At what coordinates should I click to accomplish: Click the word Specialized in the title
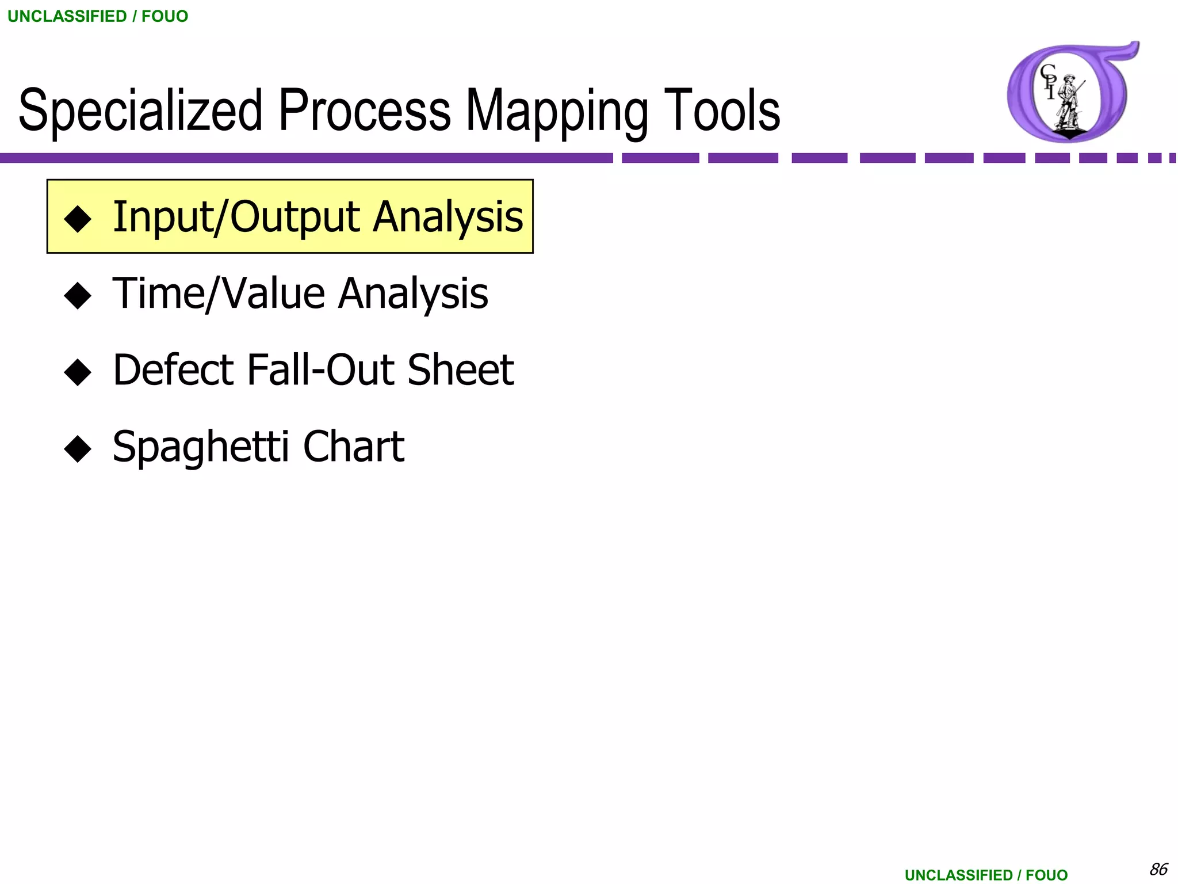[141, 110]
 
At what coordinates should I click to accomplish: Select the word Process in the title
[365, 110]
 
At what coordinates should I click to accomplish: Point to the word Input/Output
[236, 218]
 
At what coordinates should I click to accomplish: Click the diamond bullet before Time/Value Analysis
[78, 296]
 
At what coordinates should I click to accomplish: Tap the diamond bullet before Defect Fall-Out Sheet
[78, 372]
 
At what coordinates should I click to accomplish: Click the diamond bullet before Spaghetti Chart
[78, 449]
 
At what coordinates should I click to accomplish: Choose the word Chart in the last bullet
[353, 447]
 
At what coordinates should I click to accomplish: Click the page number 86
[1158, 869]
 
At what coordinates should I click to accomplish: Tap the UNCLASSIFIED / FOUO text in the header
[98, 16]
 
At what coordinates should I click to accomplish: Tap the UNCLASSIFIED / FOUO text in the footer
[986, 875]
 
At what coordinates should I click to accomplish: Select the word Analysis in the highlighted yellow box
[448, 218]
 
